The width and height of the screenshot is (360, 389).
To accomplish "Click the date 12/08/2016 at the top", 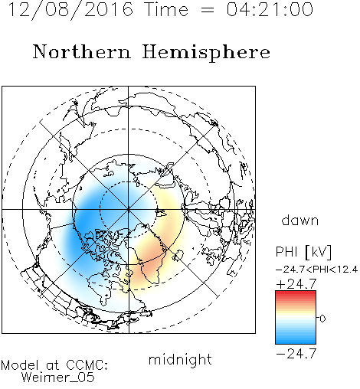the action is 70,10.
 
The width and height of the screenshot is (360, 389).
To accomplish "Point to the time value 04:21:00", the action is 270,10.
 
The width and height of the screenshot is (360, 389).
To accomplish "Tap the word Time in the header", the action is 166,10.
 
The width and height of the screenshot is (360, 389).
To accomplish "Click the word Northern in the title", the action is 82,52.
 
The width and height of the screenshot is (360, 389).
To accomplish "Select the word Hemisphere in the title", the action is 206,53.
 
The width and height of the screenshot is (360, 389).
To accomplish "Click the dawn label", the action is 300,221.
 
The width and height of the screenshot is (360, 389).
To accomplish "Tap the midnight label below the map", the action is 180,359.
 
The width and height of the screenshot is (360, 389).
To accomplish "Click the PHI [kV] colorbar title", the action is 304,252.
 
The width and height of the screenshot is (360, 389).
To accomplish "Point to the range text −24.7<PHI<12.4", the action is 317,270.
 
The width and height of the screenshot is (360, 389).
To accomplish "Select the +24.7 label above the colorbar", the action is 296,284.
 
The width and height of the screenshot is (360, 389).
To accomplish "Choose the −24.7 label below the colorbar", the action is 296,354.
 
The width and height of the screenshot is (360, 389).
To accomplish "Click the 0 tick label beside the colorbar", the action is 322,319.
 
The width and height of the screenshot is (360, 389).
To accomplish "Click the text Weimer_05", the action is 58,378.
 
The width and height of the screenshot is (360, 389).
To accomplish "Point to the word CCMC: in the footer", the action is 87,365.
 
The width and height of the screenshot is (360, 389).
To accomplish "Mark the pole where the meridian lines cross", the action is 129,209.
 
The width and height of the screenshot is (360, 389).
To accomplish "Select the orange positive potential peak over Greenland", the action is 151,258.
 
